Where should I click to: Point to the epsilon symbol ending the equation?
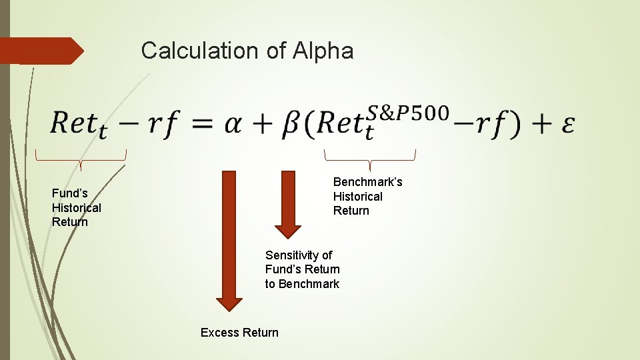pyautogui.click(x=567, y=125)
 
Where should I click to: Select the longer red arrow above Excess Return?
pyautogui.click(x=229, y=240)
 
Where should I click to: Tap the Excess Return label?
pyautogui.click(x=239, y=333)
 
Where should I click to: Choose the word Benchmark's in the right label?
pyautogui.click(x=367, y=182)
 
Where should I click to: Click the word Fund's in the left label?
pyautogui.click(x=70, y=193)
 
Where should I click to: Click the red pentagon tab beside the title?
pyautogui.click(x=41, y=51)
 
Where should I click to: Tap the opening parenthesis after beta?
pyautogui.click(x=311, y=125)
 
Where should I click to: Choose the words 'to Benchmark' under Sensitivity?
pyautogui.click(x=302, y=284)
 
